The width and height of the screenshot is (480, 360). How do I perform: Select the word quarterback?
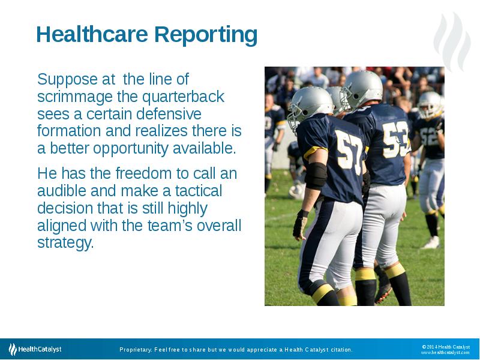(x=191, y=97)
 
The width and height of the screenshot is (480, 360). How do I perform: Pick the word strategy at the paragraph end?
(x=65, y=244)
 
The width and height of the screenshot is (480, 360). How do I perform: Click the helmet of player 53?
(x=361, y=89)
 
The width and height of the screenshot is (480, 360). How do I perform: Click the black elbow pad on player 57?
(x=316, y=175)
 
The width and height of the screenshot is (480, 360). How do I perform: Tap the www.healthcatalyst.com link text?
(x=445, y=353)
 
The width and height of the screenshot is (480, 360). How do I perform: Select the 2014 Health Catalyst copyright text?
(x=446, y=346)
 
